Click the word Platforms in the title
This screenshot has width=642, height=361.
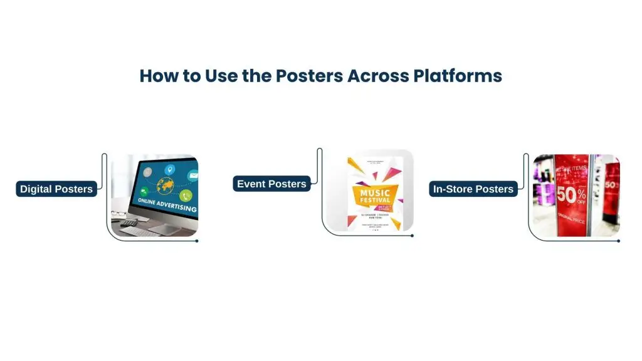(x=458, y=76)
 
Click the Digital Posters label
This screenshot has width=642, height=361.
(x=56, y=189)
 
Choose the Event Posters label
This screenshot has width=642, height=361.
(x=271, y=184)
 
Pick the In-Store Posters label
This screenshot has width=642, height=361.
(x=473, y=189)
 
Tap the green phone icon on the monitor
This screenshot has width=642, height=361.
(x=185, y=196)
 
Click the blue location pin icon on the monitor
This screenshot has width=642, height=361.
(x=169, y=170)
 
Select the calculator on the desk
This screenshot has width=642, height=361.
(x=128, y=222)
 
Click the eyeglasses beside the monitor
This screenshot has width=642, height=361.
(x=118, y=214)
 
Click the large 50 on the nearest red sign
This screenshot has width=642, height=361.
(x=567, y=195)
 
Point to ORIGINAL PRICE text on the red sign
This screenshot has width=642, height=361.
(x=571, y=221)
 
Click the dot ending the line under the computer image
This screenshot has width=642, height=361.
(x=197, y=241)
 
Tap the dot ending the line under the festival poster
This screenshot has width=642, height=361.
(x=412, y=236)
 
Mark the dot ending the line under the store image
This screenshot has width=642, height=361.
(x=618, y=241)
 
